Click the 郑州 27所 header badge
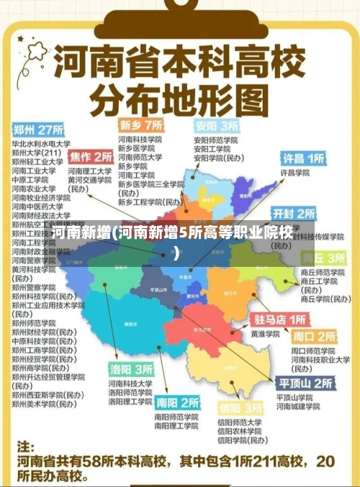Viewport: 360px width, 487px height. tap(38, 131)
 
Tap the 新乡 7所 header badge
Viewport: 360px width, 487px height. tap(141, 124)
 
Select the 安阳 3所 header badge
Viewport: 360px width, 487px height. tap(215, 124)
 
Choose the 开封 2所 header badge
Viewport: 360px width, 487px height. tap(293, 213)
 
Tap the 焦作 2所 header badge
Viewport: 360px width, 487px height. tap(91, 156)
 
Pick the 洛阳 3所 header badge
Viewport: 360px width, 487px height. tap(131, 369)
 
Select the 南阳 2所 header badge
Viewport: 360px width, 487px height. tap(177, 402)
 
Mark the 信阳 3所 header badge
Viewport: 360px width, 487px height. tap(239, 408)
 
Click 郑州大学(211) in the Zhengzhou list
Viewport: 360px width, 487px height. tap(35, 153)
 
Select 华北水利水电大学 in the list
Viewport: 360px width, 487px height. tap(40, 143)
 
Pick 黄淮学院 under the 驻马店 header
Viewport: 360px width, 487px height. tap(264, 334)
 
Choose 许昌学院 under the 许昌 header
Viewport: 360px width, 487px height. tap(294, 173)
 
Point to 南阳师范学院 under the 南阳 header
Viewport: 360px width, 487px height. tap(176, 417)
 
